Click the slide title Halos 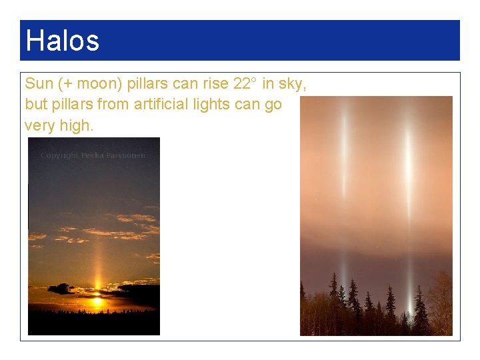point(62,41)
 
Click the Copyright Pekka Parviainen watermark point(93,155)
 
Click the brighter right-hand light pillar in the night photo point(407,173)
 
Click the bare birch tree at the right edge point(440,303)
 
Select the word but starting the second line point(36,104)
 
